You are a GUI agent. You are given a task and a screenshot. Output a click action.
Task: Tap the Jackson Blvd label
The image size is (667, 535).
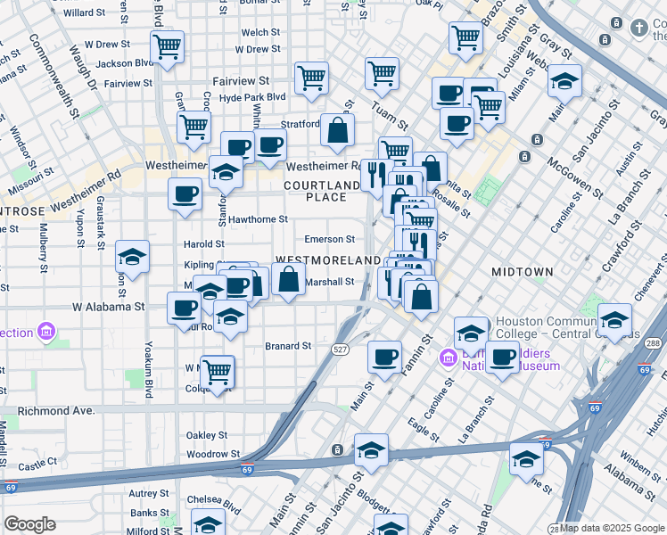tap(125, 63)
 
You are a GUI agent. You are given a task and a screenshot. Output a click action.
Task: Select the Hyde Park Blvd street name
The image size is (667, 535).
tap(252, 96)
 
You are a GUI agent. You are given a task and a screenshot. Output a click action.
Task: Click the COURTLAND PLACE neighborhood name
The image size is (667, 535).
tap(321, 191)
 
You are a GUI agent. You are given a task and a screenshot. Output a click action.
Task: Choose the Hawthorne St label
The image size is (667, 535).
tap(258, 218)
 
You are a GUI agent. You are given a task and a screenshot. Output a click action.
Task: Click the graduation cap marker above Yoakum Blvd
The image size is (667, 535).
tap(133, 259)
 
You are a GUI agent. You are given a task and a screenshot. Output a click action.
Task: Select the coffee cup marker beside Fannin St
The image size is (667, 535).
tap(384, 357)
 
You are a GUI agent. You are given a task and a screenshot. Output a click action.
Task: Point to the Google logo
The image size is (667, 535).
tap(30, 523)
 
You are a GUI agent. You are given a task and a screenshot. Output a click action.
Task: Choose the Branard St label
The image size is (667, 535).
tap(288, 346)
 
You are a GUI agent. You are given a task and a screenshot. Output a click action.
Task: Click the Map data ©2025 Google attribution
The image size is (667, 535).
tap(612, 528)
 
